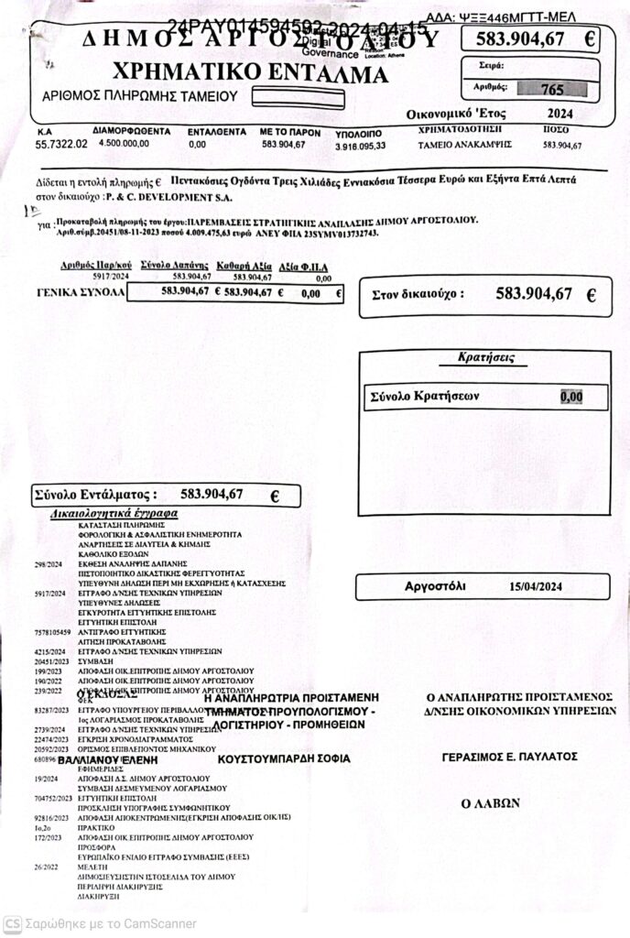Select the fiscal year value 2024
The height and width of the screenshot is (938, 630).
point(558,114)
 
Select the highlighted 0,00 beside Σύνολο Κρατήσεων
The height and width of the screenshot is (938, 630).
point(570,397)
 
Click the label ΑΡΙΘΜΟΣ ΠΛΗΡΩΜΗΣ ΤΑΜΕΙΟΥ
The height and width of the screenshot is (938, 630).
point(140,95)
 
